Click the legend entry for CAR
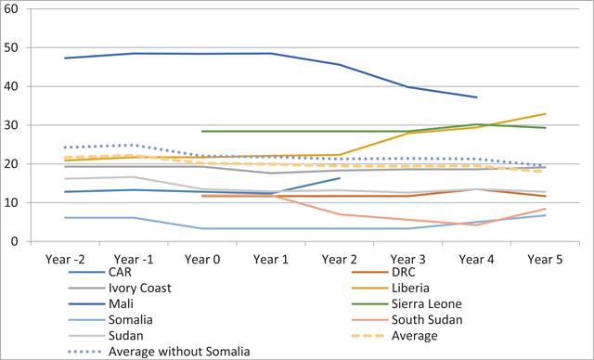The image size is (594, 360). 120,272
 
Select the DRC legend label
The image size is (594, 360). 403,272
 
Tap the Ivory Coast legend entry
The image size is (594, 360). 140,288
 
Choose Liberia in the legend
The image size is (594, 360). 410,288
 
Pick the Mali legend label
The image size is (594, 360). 121,303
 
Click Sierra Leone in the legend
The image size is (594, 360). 427,303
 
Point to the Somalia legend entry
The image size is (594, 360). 130,319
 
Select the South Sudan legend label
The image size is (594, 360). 427,319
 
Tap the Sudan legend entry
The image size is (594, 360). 126,335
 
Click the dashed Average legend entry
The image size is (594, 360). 415,335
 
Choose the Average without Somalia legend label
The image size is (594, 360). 179,352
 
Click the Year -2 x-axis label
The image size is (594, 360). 65,259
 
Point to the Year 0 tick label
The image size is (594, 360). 202,259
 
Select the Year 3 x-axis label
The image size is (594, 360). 408,259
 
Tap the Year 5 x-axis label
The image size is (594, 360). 545,259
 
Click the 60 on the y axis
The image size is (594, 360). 10,8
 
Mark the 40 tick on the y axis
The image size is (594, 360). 10,86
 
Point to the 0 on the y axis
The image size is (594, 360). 15,241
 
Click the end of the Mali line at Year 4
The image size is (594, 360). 476,97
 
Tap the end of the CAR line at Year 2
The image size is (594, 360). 340,178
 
